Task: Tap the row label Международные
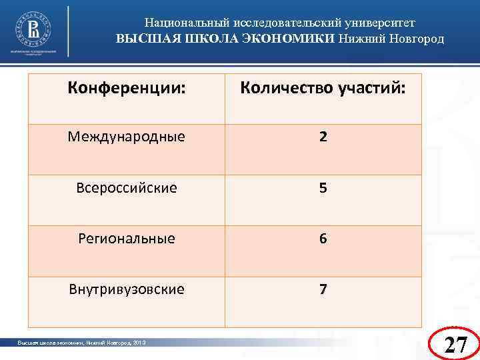127,137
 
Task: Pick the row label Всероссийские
127,188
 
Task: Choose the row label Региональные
127,239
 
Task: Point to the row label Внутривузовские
127,289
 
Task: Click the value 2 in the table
323,137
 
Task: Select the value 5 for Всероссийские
323,188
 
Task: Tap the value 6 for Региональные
323,239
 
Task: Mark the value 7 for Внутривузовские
323,289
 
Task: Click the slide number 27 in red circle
455,344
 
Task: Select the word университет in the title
381,22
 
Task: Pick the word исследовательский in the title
280,22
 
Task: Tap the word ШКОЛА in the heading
209,38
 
